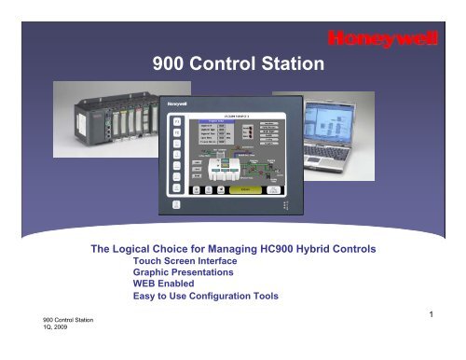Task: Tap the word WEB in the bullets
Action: coord(137,288)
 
